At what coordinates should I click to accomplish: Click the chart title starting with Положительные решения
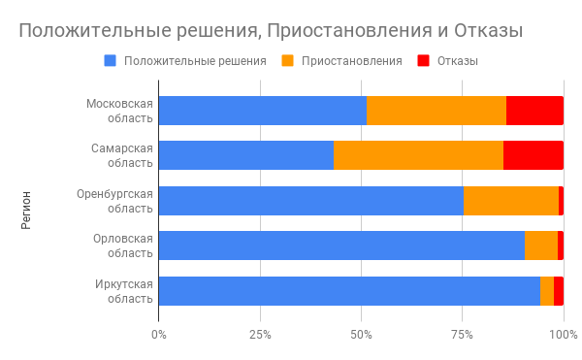[272, 30]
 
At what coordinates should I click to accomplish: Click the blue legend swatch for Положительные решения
[110, 60]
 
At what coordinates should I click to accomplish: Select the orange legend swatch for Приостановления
[288, 60]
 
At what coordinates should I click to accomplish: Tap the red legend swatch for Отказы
[423, 60]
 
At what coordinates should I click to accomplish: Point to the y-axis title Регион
[25, 210]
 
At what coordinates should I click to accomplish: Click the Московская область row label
[119, 111]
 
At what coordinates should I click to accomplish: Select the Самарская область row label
[122, 155]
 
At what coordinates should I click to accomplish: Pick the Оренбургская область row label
[115, 201]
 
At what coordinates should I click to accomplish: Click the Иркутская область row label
[123, 291]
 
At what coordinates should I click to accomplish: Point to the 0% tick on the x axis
[158, 335]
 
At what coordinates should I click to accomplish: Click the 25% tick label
[259, 335]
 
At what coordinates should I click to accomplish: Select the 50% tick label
[361, 335]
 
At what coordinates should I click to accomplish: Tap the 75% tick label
[462, 335]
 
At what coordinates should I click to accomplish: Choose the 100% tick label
[563, 335]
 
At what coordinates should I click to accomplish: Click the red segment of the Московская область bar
[534, 111]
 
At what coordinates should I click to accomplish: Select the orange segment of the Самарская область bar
[418, 155]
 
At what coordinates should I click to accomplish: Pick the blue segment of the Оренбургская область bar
[310, 201]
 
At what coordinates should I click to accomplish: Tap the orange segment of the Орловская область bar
[541, 245]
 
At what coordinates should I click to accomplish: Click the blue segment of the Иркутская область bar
[349, 291]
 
